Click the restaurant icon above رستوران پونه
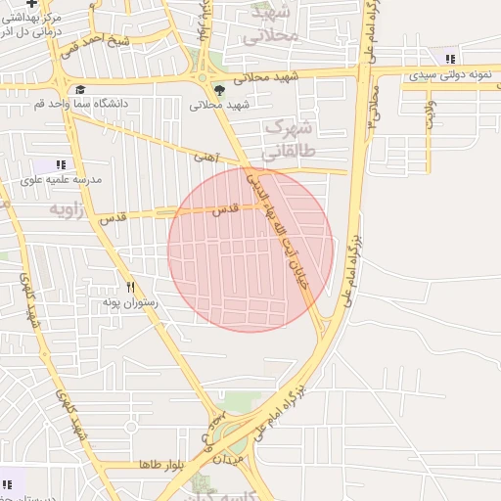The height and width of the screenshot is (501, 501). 131,288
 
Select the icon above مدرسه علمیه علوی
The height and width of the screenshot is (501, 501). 61,165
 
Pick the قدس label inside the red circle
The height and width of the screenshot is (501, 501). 227,209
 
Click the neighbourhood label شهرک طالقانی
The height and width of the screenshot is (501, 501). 289,140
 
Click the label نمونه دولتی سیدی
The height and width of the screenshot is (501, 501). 450,74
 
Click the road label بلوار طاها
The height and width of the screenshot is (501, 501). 162,464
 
